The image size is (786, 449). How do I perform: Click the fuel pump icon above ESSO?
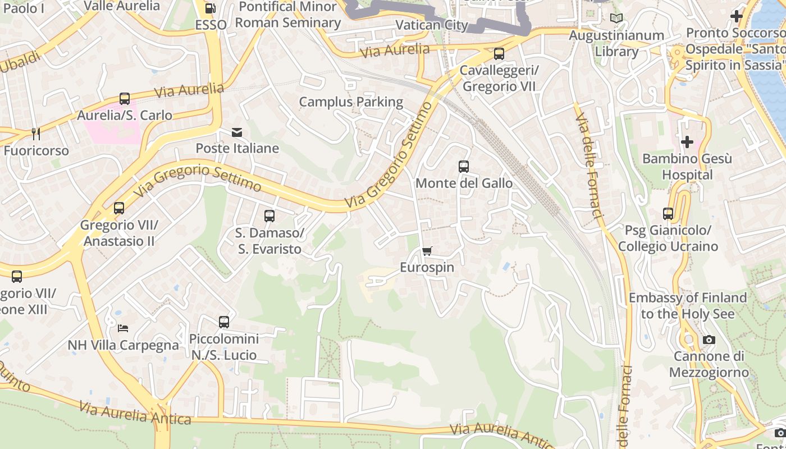click(x=211, y=8)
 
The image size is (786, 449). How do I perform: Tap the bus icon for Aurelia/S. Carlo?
click(x=125, y=99)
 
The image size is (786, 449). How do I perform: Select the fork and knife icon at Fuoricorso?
click(x=36, y=134)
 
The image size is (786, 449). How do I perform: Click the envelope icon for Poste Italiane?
click(x=237, y=132)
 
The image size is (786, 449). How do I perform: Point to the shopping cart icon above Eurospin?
click(x=427, y=251)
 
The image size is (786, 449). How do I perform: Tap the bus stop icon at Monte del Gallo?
click(x=463, y=167)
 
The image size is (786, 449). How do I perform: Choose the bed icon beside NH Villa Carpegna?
click(x=123, y=328)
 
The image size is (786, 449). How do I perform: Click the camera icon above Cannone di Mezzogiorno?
click(x=709, y=340)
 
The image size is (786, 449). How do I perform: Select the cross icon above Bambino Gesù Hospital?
click(x=687, y=142)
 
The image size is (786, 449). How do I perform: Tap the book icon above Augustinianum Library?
click(x=616, y=19)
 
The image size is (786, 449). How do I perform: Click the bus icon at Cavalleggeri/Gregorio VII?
click(x=499, y=54)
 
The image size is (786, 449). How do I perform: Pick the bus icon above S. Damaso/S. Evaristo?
click(x=269, y=216)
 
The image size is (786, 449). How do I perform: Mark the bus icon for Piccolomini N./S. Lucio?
click(x=224, y=322)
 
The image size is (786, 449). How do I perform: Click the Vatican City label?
click(x=432, y=25)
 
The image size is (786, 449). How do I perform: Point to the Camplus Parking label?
click(x=351, y=102)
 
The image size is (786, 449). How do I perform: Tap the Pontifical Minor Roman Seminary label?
click(x=287, y=15)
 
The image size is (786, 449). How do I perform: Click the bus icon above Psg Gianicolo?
click(x=668, y=214)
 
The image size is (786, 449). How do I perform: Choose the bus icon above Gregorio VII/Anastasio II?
click(x=119, y=208)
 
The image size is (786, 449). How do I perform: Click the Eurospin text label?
click(x=427, y=268)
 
